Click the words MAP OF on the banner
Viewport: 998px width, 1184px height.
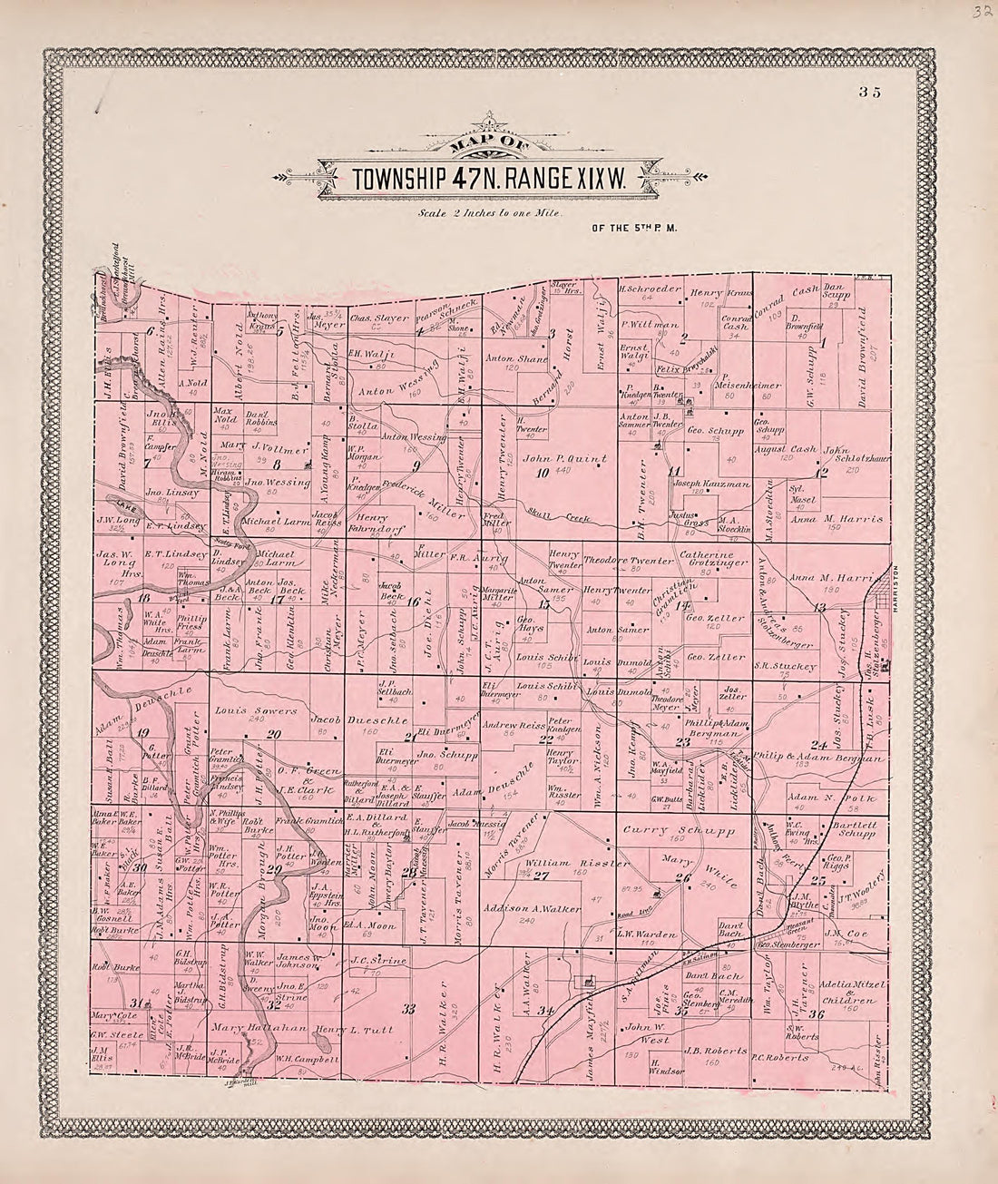(x=489, y=142)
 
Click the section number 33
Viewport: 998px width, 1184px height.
(x=408, y=1009)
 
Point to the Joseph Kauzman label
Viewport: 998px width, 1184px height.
(x=711, y=484)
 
